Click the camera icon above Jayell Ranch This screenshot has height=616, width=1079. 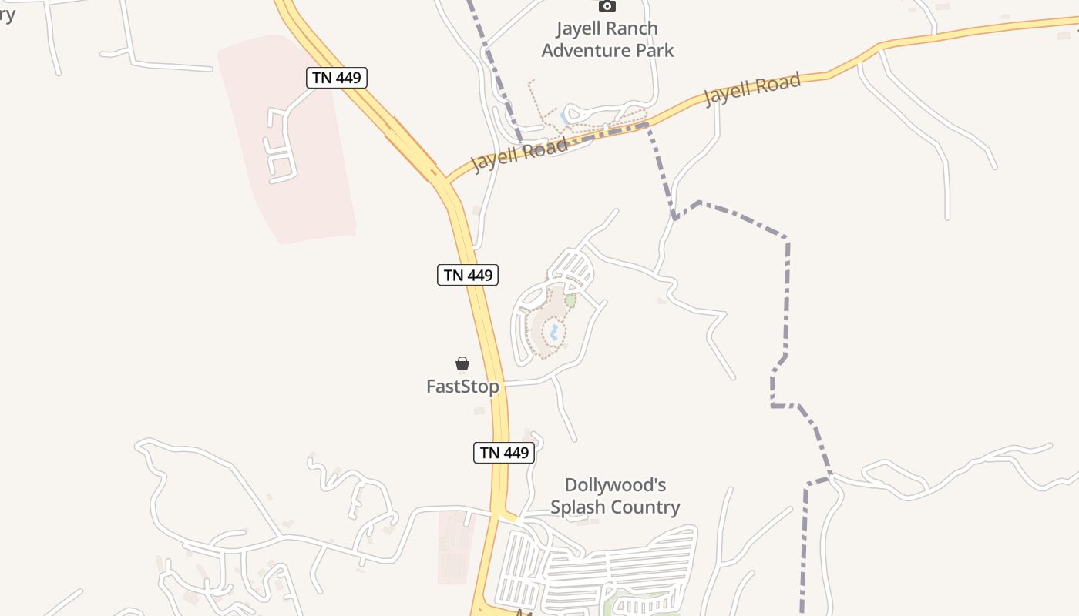pyautogui.click(x=607, y=6)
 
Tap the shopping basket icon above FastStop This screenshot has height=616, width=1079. pyautogui.click(x=462, y=363)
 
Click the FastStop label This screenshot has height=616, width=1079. pyautogui.click(x=462, y=386)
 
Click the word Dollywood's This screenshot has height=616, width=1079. pyautogui.click(x=615, y=485)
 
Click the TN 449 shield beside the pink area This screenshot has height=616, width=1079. pyautogui.click(x=336, y=77)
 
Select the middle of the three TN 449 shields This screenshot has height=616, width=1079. pyautogui.click(x=468, y=274)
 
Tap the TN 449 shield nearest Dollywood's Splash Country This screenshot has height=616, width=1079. pyautogui.click(x=504, y=452)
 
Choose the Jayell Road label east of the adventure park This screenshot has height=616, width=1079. pyautogui.click(x=752, y=89)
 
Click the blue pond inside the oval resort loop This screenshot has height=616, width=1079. pyautogui.click(x=553, y=333)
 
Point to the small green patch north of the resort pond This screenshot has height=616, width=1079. pyautogui.click(x=570, y=300)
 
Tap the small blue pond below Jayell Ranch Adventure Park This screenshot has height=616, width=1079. pyautogui.click(x=565, y=118)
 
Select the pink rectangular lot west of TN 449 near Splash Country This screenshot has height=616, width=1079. pyautogui.click(x=456, y=546)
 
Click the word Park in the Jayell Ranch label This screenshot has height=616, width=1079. pyautogui.click(x=655, y=51)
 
